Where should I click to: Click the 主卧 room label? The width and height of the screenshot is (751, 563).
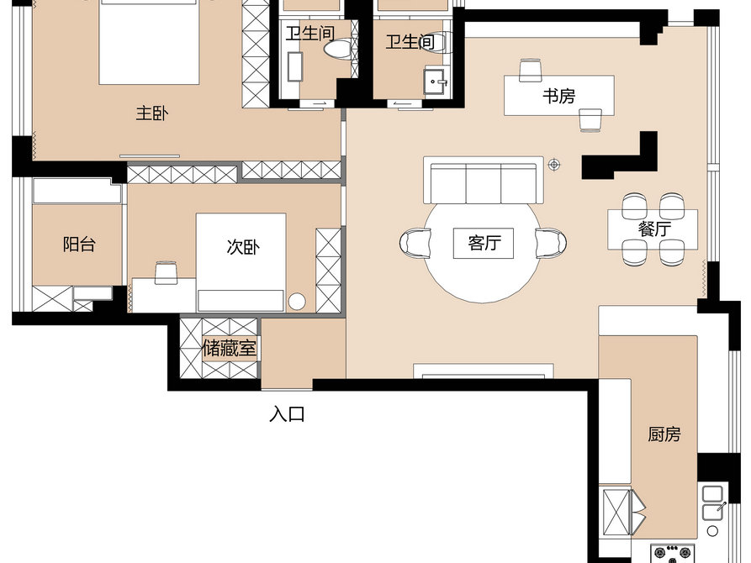(152, 114)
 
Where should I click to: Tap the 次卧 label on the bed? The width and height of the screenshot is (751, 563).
(243, 247)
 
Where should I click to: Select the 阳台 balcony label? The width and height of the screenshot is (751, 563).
(79, 245)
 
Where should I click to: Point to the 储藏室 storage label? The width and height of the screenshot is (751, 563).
(230, 349)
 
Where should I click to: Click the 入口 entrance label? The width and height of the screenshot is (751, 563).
(288, 414)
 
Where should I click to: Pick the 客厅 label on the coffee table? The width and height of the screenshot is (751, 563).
(484, 243)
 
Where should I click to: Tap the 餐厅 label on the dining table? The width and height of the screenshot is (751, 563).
(654, 229)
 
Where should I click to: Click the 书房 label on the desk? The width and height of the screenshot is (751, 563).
(558, 97)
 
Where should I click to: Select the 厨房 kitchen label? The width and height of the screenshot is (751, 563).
(664, 434)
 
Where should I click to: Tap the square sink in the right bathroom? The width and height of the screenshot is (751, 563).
(435, 82)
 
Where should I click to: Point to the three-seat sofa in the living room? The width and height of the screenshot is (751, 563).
(484, 181)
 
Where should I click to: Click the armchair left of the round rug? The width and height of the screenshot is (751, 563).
(415, 243)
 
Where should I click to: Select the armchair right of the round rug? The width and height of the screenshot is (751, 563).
(551, 243)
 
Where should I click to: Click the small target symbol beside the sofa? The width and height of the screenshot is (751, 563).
(554, 166)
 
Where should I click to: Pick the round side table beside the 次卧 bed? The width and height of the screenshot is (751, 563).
(297, 301)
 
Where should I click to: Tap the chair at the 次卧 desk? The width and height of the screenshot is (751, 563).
(167, 272)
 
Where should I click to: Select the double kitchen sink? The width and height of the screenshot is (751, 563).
(712, 502)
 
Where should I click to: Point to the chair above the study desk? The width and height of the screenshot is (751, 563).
(531, 71)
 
